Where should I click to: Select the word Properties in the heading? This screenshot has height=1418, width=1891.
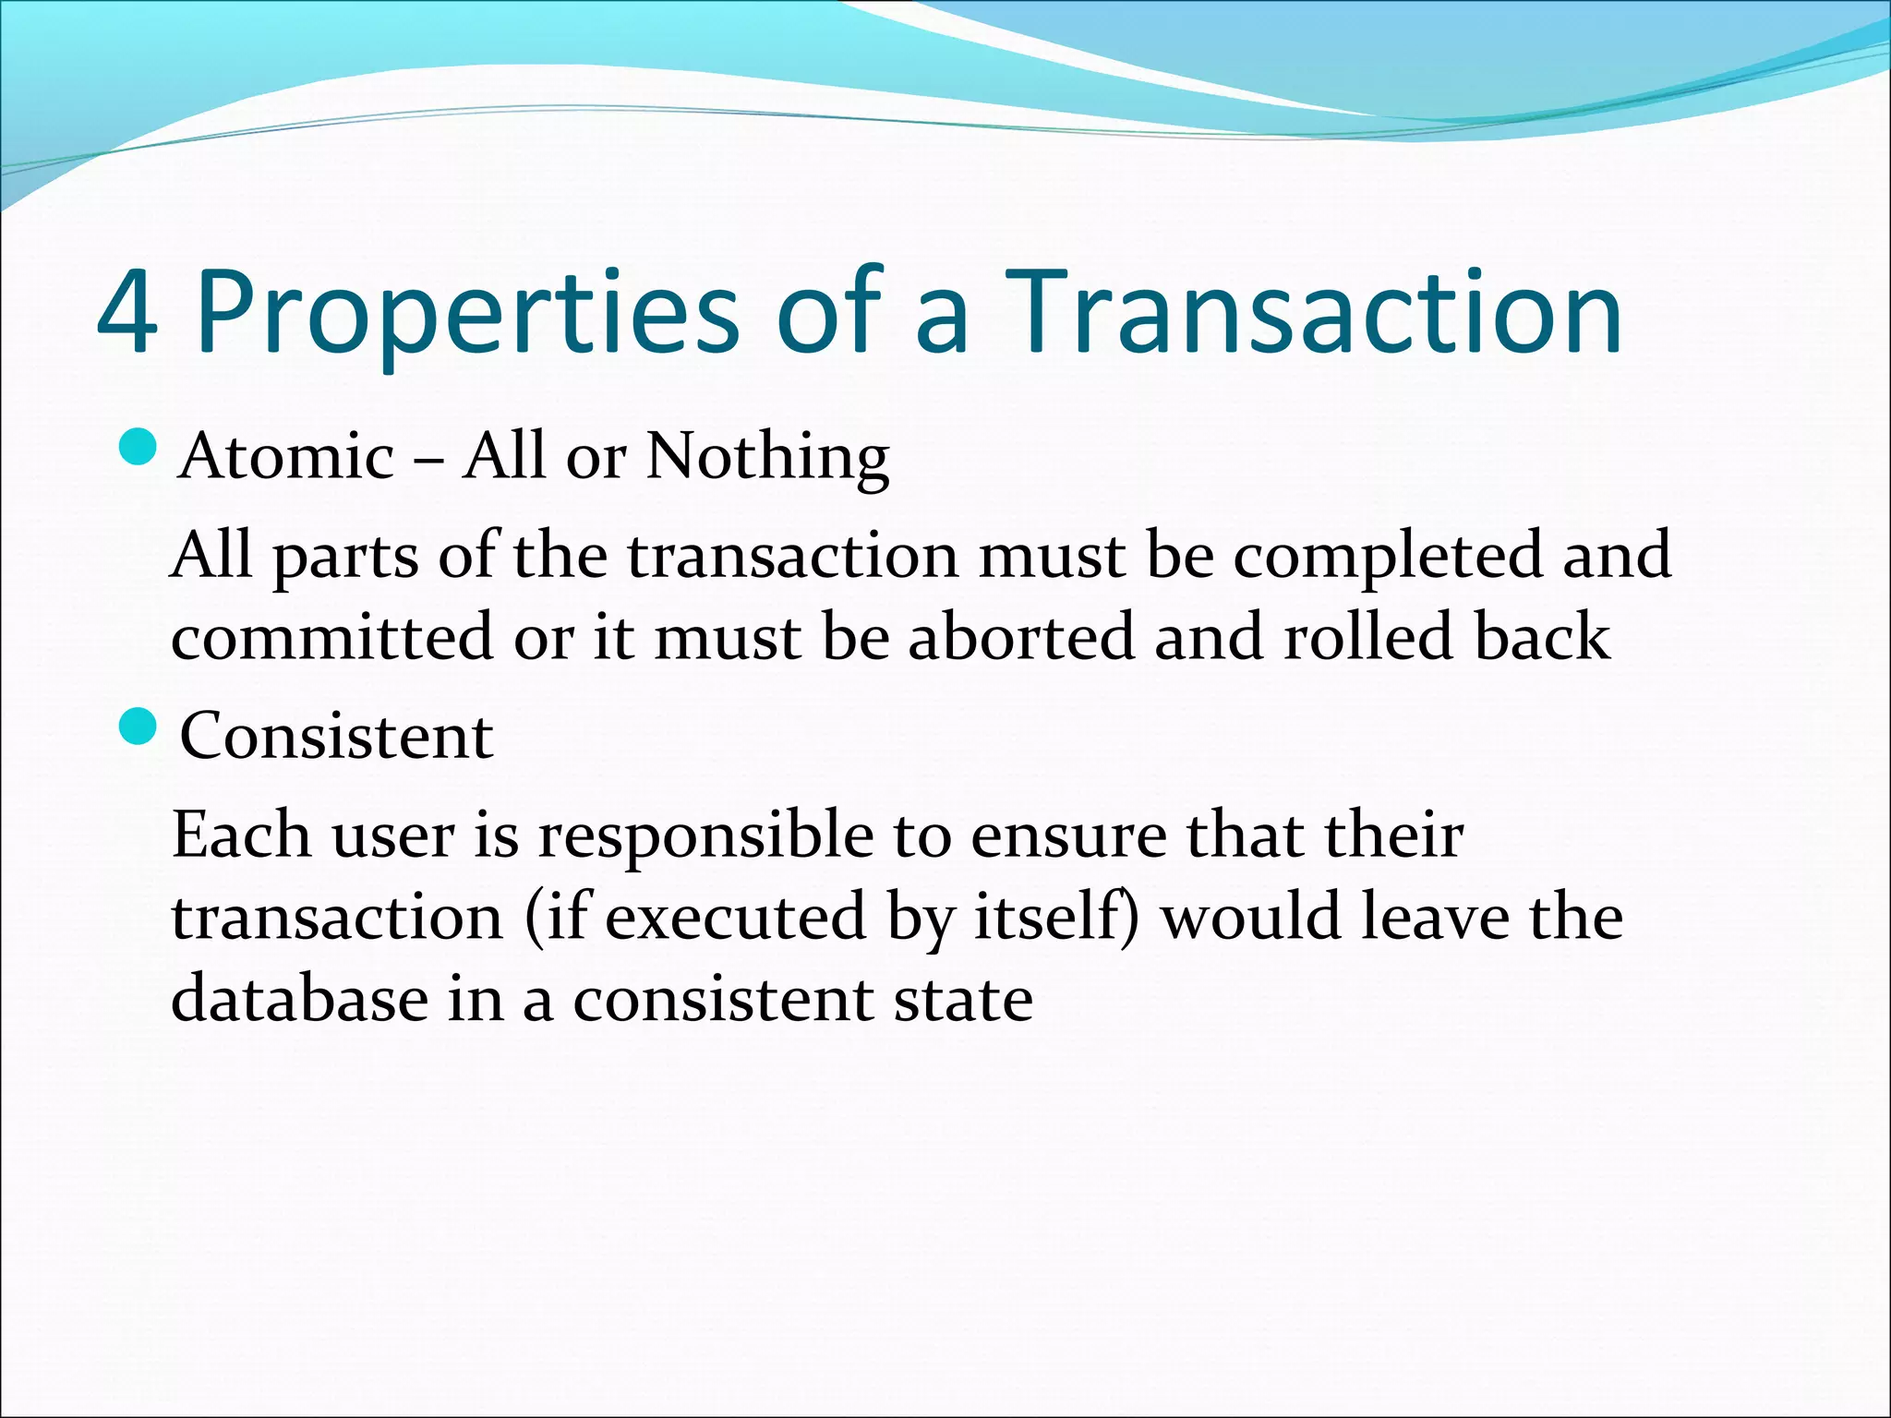467,314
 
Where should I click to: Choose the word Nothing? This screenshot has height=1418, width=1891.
767,459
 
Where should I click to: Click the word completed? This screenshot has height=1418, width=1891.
1388,558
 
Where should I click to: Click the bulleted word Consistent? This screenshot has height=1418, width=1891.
336,738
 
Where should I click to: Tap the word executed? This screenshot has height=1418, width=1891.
735,918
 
